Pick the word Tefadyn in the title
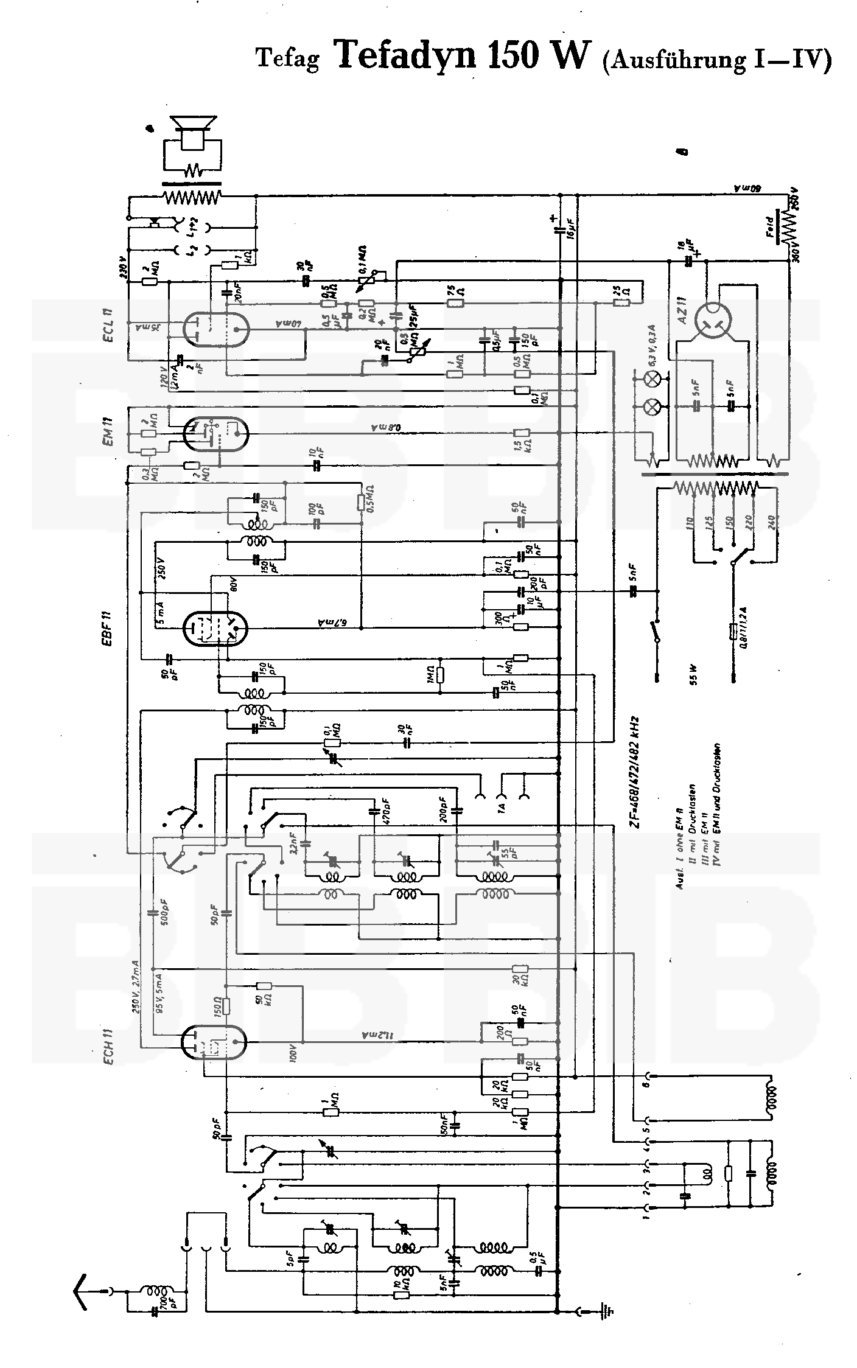coord(405,55)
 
